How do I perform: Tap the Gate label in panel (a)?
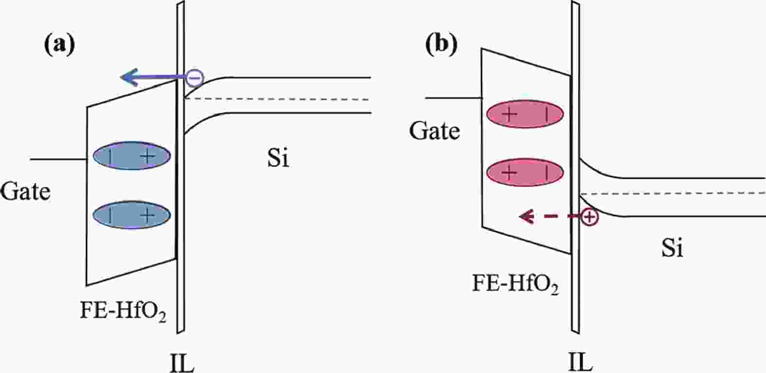[x=25, y=191]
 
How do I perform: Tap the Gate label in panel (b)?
[x=434, y=131]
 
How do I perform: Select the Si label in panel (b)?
[x=672, y=249]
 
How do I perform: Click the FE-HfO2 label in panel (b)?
[x=515, y=283]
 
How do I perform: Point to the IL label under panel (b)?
[x=580, y=363]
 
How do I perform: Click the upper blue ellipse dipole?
[x=132, y=156]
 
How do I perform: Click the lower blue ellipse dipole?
[x=132, y=215]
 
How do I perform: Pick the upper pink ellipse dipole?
[x=525, y=115]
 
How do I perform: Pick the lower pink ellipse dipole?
[x=525, y=172]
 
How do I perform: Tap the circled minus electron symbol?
[x=194, y=77]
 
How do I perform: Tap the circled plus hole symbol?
[x=589, y=217]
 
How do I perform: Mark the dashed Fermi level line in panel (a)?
[x=277, y=99]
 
